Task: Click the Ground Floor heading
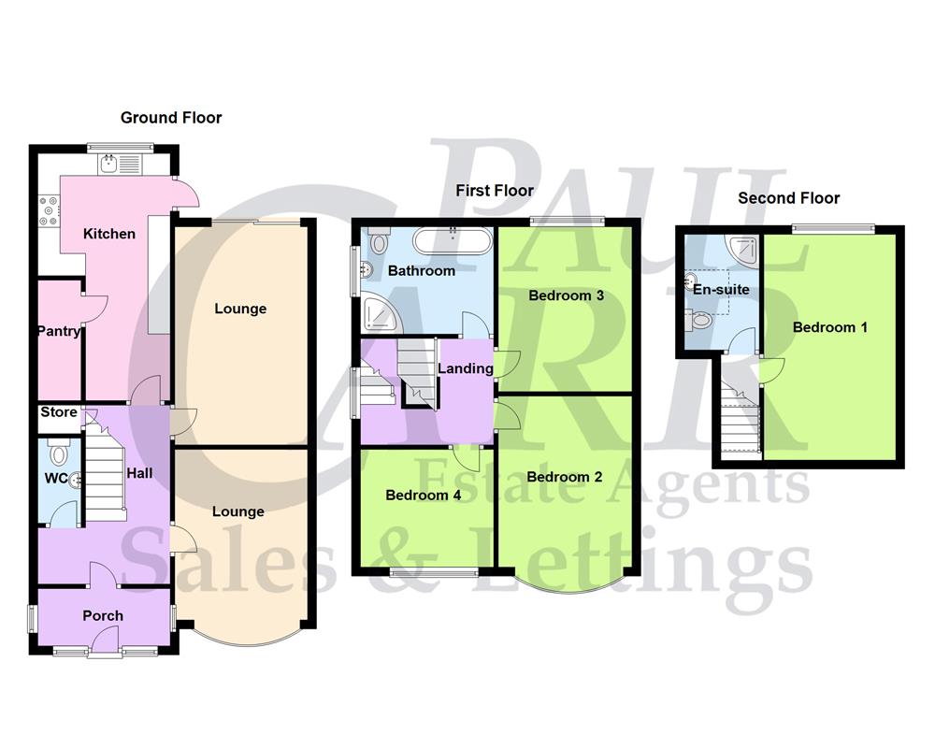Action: (171, 118)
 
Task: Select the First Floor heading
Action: (495, 191)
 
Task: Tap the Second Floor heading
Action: (788, 198)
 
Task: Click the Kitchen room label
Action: (109, 234)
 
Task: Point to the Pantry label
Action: (59, 331)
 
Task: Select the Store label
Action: (59, 412)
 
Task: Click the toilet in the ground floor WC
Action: (60, 454)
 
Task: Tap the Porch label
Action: (103, 616)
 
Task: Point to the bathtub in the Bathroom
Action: (453, 241)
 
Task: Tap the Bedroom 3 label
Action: (566, 295)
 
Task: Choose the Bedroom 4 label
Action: (423, 496)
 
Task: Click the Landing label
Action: (466, 368)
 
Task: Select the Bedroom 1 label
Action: (830, 327)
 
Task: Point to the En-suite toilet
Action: (700, 321)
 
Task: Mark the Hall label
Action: (140, 474)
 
